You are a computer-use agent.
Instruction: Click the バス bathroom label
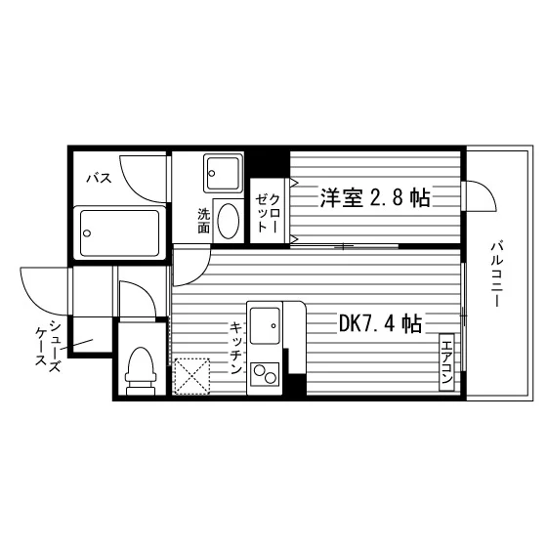pyautogui.click(x=100, y=178)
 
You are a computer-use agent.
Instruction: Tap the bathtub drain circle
pyautogui.click(x=87, y=233)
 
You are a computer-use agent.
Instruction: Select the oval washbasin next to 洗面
pyautogui.click(x=229, y=221)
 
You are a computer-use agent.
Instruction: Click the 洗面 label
pyautogui.click(x=204, y=221)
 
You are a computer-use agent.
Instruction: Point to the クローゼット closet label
pyautogui.click(x=268, y=213)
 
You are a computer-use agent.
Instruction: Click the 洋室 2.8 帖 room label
pyautogui.click(x=375, y=197)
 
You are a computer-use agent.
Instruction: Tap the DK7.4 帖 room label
pyautogui.click(x=381, y=323)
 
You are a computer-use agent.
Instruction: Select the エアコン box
pyautogui.click(x=446, y=362)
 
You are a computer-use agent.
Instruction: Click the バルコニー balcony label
pyautogui.click(x=497, y=274)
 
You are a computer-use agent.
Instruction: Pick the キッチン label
pyautogui.click(x=236, y=348)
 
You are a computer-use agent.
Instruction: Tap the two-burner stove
pyautogui.click(x=265, y=374)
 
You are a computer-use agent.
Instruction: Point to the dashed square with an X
pyautogui.click(x=191, y=376)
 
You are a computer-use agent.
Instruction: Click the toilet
pyautogui.click(x=141, y=371)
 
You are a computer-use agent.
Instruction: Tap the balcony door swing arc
pyautogui.click(x=487, y=189)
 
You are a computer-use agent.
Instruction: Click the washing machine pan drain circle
pyautogui.click(x=211, y=173)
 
